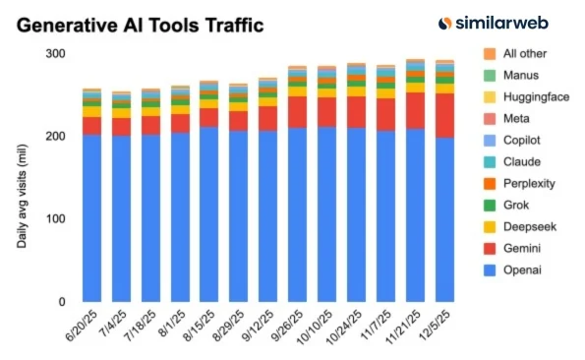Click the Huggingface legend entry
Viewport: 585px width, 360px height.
pyautogui.click(x=532, y=97)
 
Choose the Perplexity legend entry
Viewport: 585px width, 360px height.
pyautogui.click(x=529, y=184)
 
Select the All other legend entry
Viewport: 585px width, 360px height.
pyautogui.click(x=525, y=54)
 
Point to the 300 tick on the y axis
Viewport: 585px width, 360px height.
pyautogui.click(x=55, y=54)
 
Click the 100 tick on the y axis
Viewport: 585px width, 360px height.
pyautogui.click(x=55, y=218)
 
